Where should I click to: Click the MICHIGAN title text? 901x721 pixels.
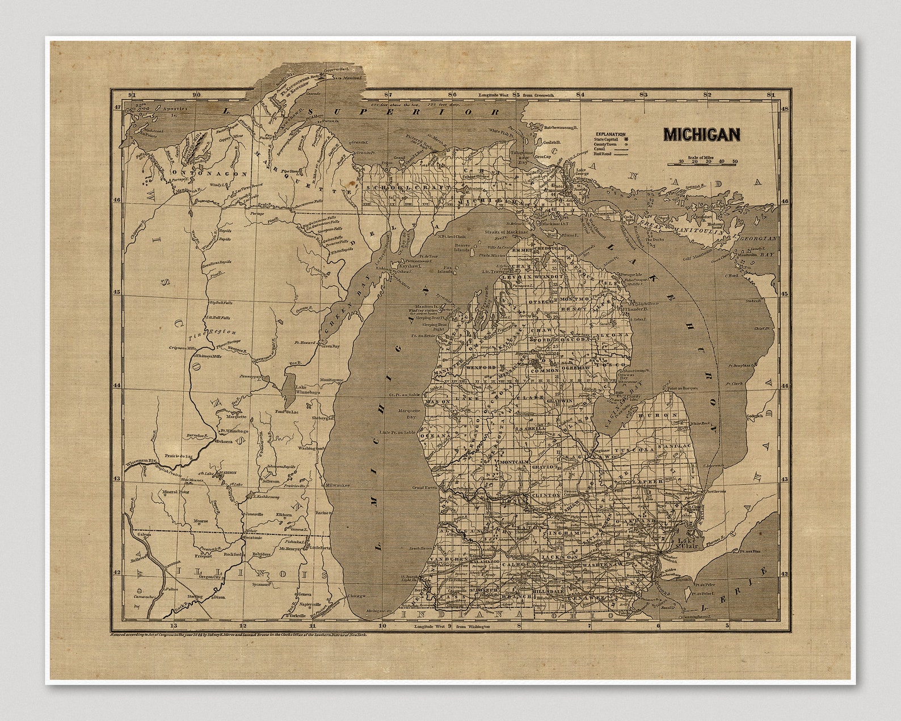[702, 134]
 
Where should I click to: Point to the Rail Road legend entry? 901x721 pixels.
[604, 153]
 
